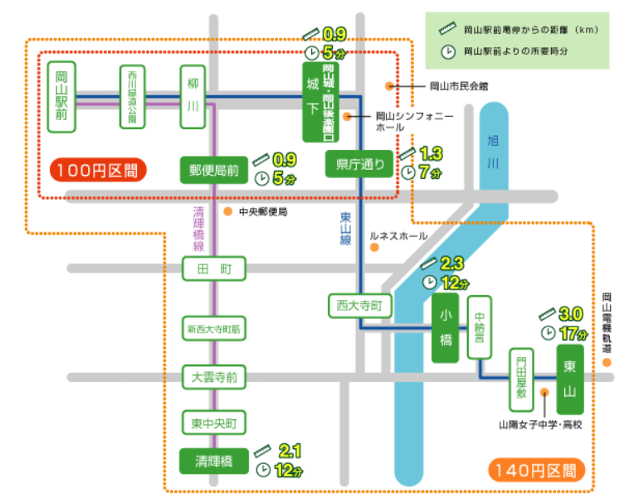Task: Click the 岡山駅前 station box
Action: [x=61, y=96]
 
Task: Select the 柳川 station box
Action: [x=193, y=96]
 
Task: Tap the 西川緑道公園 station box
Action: [x=132, y=96]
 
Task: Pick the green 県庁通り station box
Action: [x=359, y=165]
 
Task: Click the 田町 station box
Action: [x=215, y=269]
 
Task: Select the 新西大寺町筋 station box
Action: [x=215, y=329]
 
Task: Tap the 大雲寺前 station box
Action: [x=215, y=377]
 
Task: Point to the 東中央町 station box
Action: [x=215, y=423]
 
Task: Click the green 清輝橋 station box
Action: [x=214, y=461]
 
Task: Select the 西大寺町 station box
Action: [x=359, y=305]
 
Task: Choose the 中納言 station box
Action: [x=480, y=326]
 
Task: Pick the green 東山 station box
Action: [x=569, y=379]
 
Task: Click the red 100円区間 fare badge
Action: [x=98, y=171]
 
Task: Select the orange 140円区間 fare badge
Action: [x=537, y=471]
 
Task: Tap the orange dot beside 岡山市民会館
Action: [x=389, y=85]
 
